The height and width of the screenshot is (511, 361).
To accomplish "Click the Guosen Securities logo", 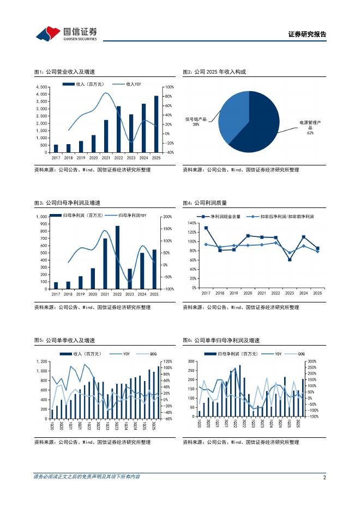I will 66,33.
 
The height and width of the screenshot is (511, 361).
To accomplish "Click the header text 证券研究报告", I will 307,34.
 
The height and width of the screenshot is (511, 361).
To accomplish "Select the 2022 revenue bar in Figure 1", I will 118,129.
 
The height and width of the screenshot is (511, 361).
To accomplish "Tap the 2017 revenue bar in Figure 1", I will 56,148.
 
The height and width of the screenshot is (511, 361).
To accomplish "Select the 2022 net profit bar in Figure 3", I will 117,257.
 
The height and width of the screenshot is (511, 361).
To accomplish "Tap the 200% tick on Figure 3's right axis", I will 168,217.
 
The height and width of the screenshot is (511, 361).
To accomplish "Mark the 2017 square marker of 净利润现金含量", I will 206,228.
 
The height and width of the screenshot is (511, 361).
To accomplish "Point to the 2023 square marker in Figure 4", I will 290,259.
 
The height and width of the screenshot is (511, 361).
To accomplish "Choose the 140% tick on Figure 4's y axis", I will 192,223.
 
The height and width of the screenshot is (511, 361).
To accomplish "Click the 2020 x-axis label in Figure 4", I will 248,293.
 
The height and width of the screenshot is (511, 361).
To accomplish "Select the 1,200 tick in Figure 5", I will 41,361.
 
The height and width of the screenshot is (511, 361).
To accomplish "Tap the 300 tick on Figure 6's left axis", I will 191,361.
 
